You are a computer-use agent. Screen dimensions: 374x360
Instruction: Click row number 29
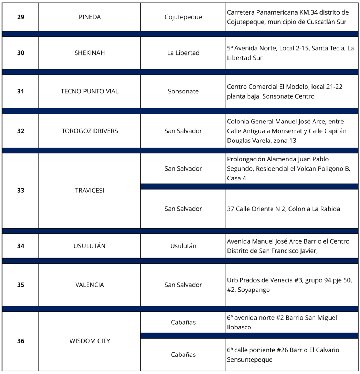click(x=20, y=17)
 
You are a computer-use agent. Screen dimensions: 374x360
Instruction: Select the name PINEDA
click(x=89, y=17)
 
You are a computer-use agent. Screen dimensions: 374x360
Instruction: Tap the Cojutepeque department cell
click(x=183, y=17)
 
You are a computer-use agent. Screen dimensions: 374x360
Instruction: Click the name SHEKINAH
click(x=89, y=53)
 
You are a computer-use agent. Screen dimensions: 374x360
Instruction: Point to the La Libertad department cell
click(x=183, y=53)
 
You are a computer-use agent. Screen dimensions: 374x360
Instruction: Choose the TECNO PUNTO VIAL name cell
click(x=89, y=92)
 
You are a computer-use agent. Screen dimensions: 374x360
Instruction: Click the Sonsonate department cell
click(x=183, y=92)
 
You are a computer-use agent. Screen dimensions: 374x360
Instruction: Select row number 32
click(x=20, y=131)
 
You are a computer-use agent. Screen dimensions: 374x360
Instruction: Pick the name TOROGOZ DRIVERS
click(x=89, y=131)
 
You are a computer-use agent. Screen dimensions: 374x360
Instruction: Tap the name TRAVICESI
click(x=89, y=191)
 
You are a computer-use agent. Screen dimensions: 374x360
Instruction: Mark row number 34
click(x=20, y=246)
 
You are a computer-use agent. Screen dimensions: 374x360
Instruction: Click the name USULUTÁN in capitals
click(x=89, y=246)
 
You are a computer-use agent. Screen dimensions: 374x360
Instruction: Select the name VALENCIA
click(x=89, y=285)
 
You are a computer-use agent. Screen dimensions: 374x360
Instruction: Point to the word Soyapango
click(x=253, y=290)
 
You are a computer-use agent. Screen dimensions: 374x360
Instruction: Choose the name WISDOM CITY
click(x=89, y=341)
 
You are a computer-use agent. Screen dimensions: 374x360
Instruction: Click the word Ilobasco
click(x=239, y=327)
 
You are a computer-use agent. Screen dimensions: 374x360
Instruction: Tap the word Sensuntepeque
click(x=250, y=360)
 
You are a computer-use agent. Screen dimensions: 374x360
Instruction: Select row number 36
click(x=20, y=341)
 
